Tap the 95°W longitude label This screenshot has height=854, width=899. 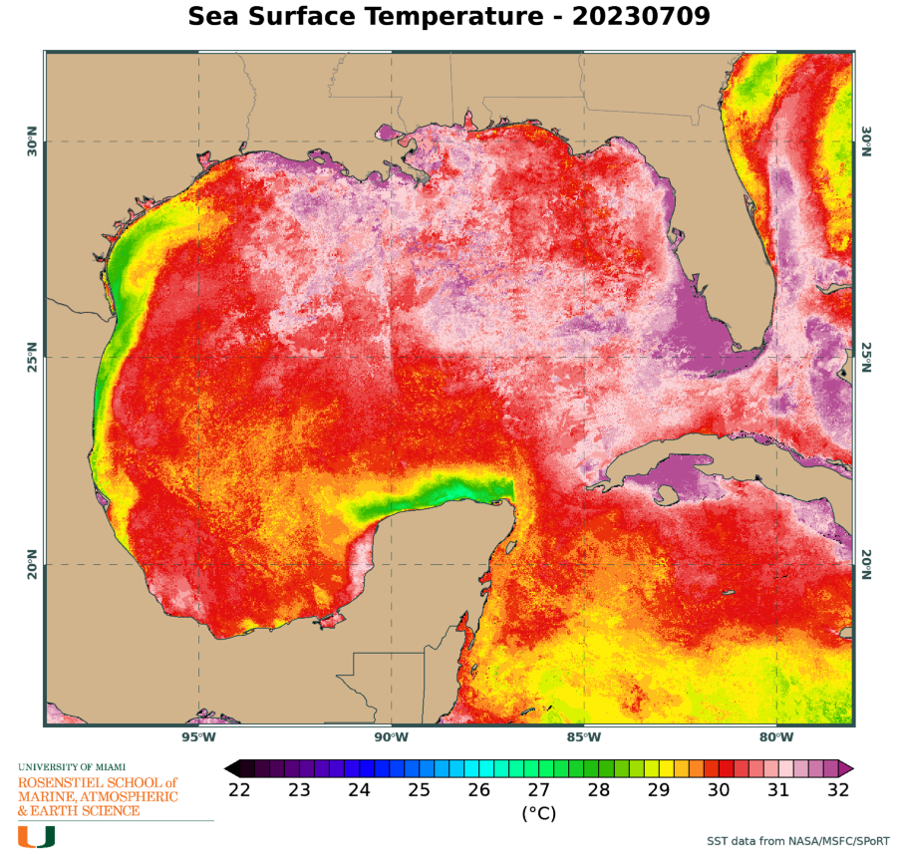198,737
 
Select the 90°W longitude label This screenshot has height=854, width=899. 392,737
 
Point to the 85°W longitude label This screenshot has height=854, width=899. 584,737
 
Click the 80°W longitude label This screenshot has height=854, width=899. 776,737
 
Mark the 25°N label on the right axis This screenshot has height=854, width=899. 866,357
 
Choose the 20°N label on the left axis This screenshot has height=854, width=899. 31,564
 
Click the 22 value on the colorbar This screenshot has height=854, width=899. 239,790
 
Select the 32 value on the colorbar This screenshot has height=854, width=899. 838,790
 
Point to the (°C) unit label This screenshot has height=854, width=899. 538,813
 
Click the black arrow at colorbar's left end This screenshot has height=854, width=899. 231,767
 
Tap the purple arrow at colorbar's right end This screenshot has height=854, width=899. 846,767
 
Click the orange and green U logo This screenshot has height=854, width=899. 36,835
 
